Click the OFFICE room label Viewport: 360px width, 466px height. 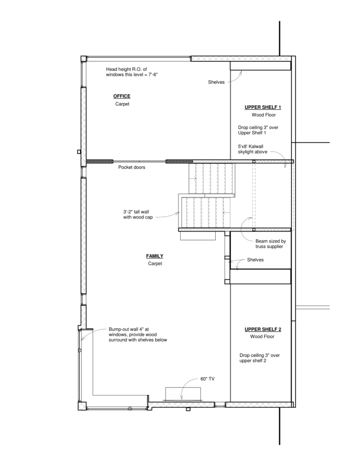pos(122,96)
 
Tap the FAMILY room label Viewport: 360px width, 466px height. pos(155,256)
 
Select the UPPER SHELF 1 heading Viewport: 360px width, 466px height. pos(263,107)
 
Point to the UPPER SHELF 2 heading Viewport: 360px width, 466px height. pos(263,329)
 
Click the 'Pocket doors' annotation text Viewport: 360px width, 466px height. pos(132,167)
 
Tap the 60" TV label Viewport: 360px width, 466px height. pos(208,379)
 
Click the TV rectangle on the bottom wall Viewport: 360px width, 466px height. pos(183,394)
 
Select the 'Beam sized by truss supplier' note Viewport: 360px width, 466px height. pos(270,244)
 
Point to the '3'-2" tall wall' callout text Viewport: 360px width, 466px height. pos(138,215)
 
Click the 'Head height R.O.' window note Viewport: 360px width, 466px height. pos(132,72)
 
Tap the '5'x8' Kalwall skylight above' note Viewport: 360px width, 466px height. pos(253,149)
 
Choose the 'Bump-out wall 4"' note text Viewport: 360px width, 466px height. pos(137,334)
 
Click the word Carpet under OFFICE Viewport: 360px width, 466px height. pos(122,104)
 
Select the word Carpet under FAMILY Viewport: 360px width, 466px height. pos(155,263)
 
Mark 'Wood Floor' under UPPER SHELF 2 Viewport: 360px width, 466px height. pos(262,337)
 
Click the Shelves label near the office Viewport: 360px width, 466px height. pos(216,82)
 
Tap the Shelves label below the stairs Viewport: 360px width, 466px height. pos(255,260)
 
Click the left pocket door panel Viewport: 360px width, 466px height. pos(100,162)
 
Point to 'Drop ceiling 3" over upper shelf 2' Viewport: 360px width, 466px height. pos(259,358)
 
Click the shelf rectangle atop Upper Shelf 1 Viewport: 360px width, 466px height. pos(260,66)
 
